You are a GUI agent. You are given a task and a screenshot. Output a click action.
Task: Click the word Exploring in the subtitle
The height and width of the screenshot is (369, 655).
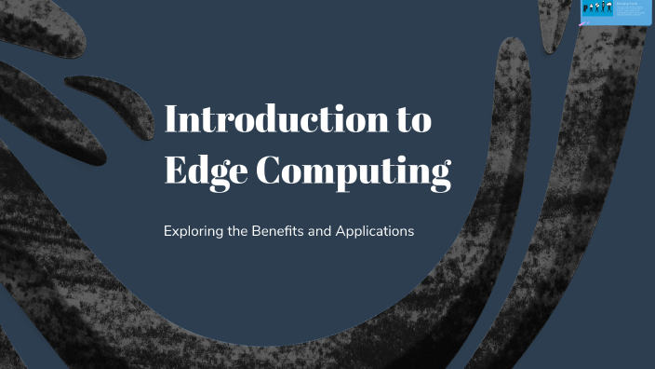pyautogui.click(x=193, y=230)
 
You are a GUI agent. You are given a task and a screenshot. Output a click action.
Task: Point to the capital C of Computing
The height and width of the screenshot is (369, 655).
pyautogui.click(x=270, y=171)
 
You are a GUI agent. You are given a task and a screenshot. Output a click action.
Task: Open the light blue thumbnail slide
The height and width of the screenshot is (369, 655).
pyautogui.click(x=616, y=11)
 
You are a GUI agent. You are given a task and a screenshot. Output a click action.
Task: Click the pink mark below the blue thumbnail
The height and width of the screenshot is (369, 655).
pyautogui.click(x=583, y=25)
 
